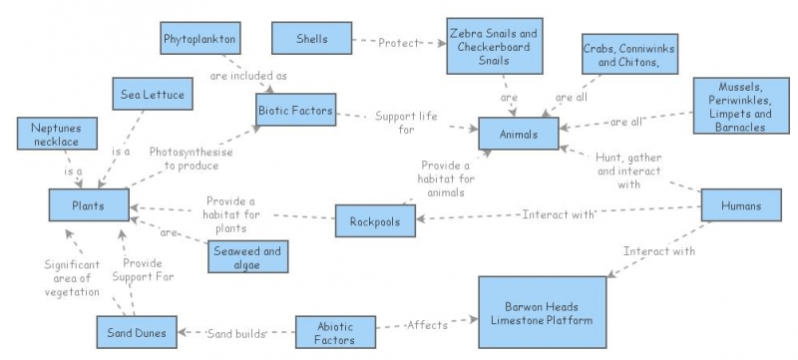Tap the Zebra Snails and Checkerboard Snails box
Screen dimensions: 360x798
(493, 47)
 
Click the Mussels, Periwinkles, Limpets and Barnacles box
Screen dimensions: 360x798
(740, 107)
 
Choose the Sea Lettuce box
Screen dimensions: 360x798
(145, 97)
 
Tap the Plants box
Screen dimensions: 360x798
(89, 205)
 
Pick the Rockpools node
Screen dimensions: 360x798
(374, 220)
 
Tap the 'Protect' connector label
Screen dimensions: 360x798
(399, 43)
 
